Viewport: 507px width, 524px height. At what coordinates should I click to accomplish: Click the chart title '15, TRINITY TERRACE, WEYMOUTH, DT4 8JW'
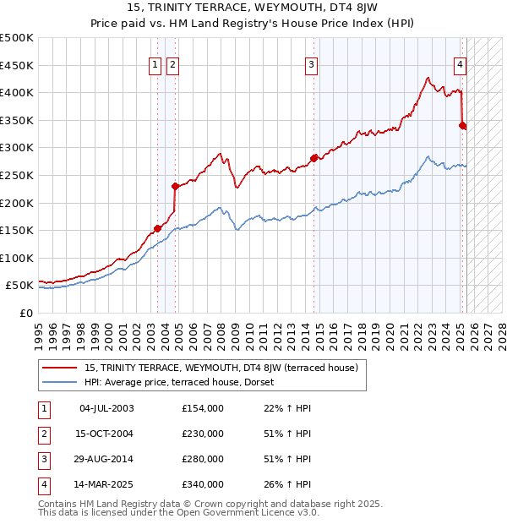click(253, 9)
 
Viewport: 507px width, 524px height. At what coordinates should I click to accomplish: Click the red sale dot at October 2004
click(175, 186)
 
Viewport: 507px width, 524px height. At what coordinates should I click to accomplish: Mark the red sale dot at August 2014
click(313, 158)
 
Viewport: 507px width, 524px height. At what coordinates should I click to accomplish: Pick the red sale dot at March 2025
click(462, 125)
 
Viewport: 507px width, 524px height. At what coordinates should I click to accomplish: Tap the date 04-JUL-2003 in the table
click(106, 409)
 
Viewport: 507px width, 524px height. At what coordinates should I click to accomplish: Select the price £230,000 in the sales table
click(203, 434)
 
